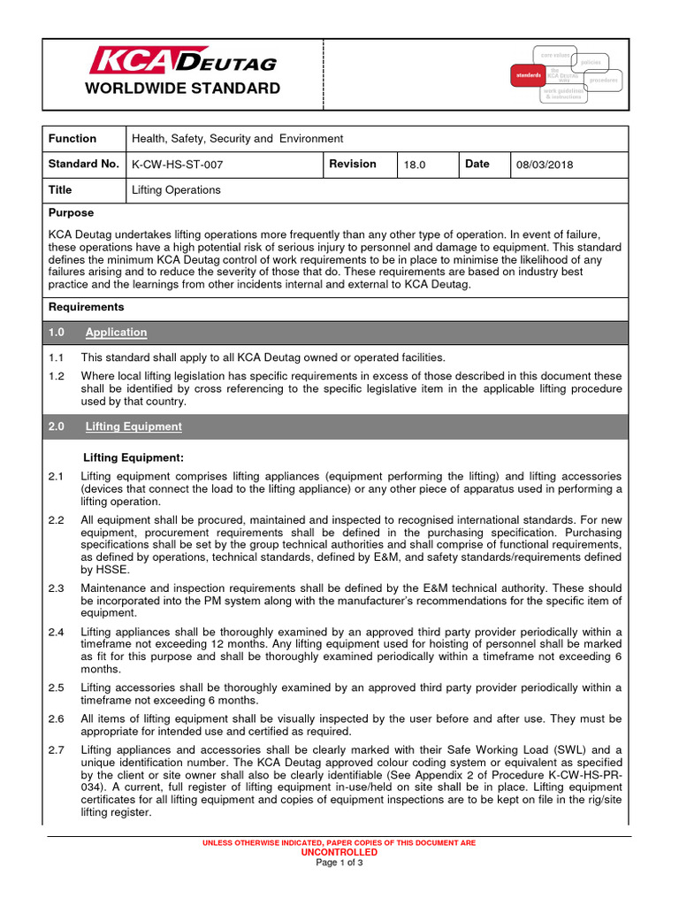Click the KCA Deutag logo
point(183,61)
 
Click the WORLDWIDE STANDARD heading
point(182,88)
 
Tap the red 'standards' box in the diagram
point(529,76)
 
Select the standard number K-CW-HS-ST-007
point(177,165)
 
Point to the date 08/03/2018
point(545,165)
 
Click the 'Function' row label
point(72,139)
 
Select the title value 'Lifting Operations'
point(176,190)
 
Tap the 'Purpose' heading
point(71,213)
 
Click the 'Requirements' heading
point(86,307)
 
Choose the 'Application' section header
point(116,333)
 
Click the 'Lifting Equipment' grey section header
point(134,426)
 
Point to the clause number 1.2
point(57,376)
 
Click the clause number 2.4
point(57,632)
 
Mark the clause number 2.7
point(57,750)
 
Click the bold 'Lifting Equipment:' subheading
point(133,457)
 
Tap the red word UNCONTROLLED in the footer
point(339,852)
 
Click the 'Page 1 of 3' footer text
point(339,863)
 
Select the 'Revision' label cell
point(353,164)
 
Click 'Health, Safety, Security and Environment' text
point(237,139)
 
